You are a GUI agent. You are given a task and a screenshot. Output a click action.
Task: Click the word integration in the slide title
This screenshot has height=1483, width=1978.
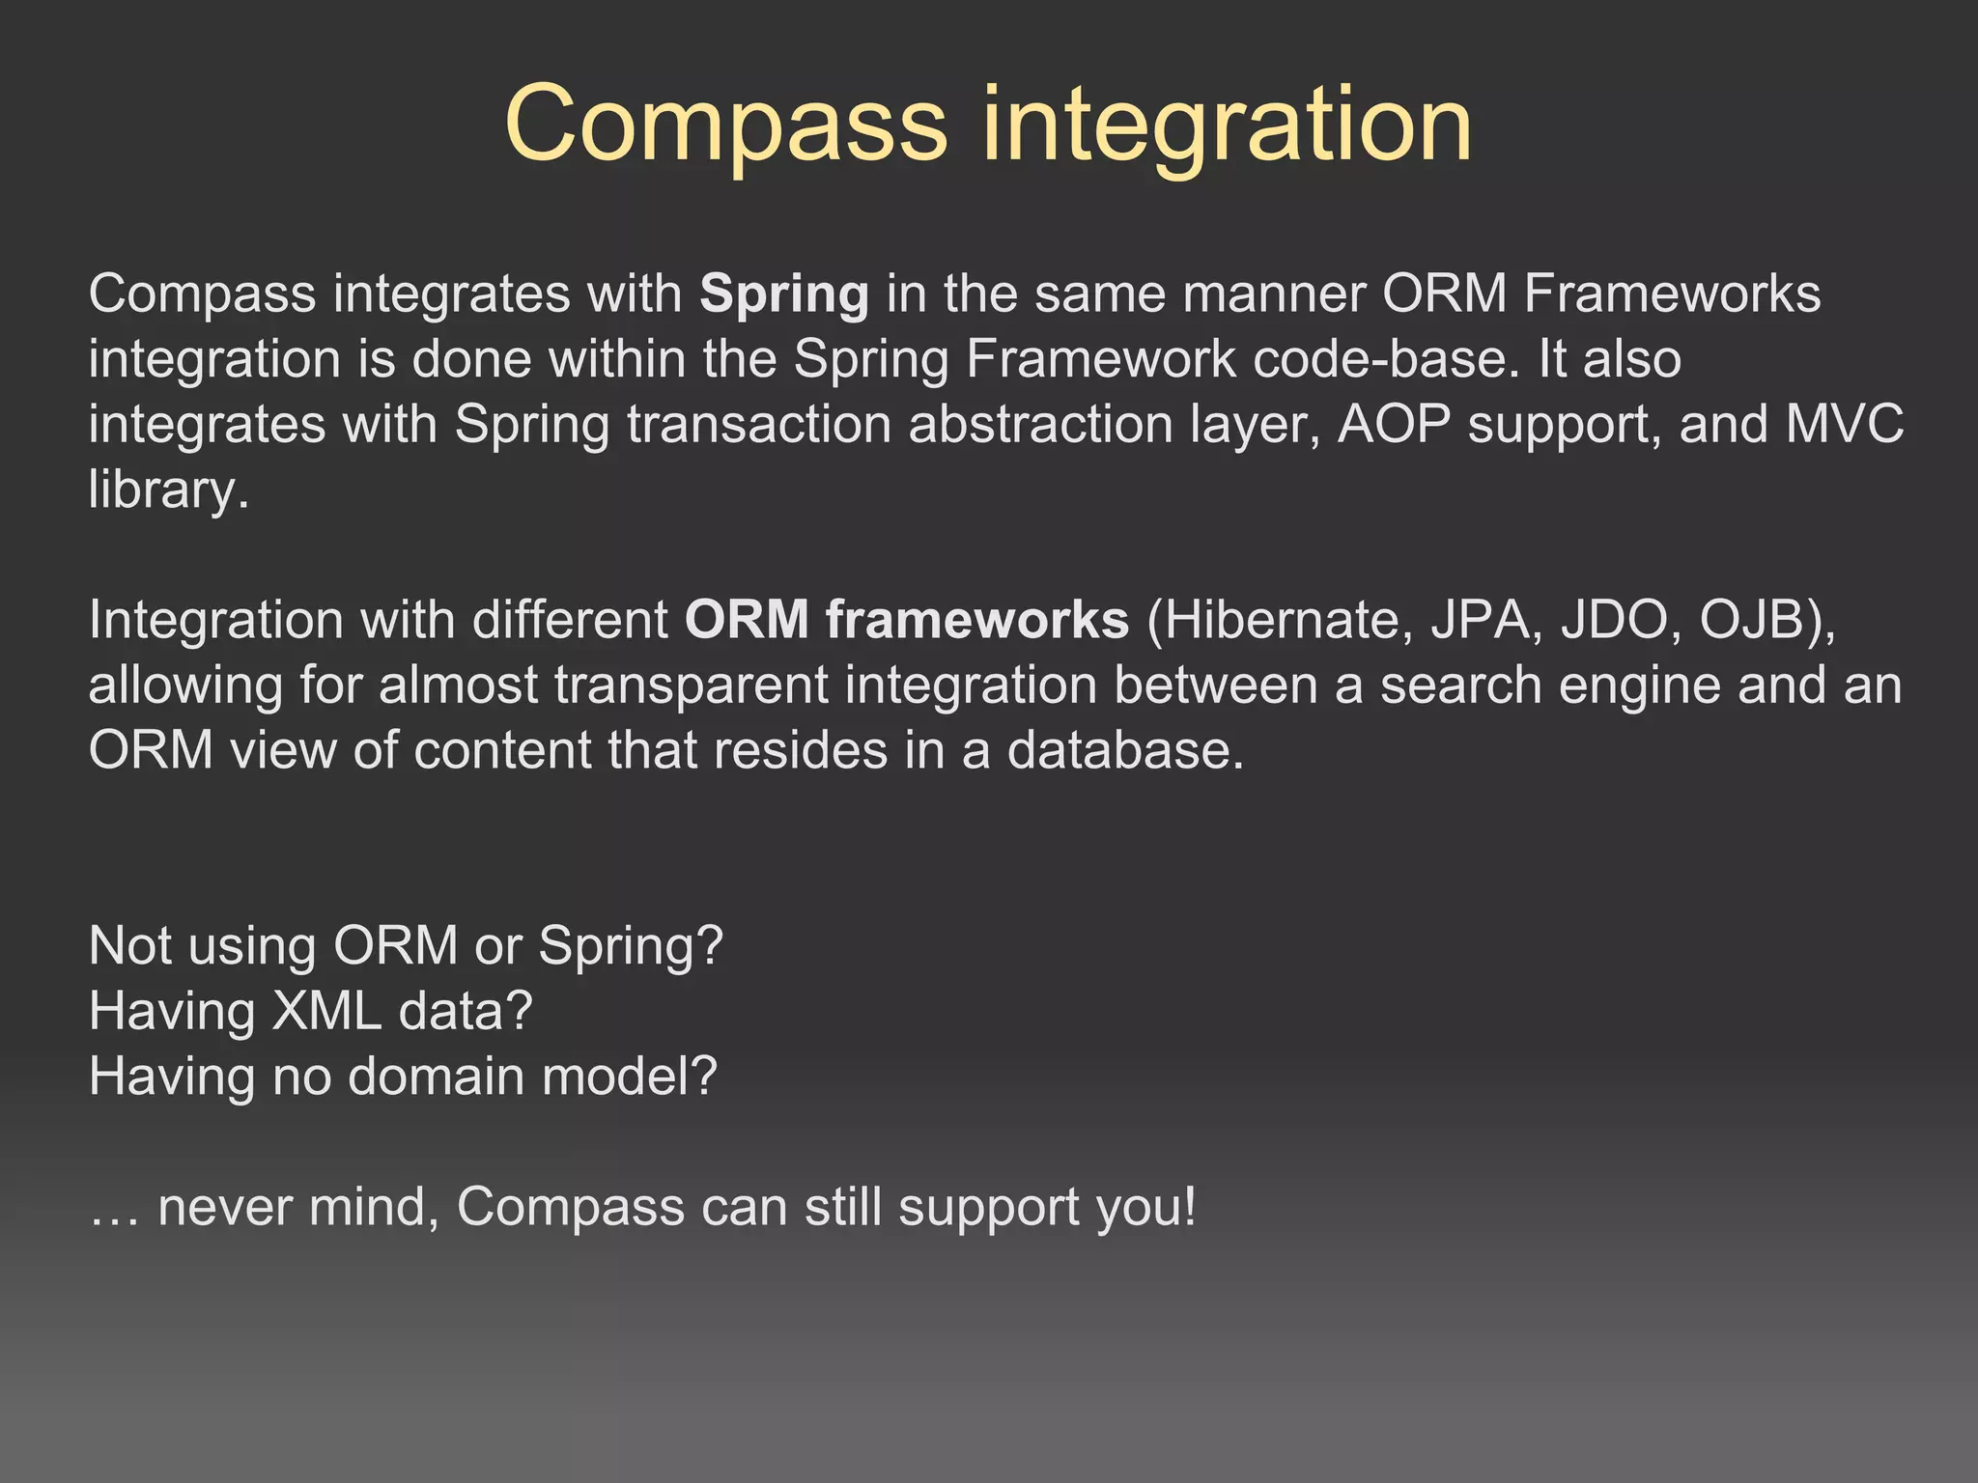[1227, 126]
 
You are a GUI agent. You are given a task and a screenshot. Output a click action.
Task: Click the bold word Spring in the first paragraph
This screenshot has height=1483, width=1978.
[784, 294]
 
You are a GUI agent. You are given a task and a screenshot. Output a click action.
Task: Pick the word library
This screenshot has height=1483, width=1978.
[168, 490]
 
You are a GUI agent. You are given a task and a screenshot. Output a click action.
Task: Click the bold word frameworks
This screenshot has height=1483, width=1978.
[976, 620]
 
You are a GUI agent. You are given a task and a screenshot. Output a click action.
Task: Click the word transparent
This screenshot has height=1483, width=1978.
[691, 686]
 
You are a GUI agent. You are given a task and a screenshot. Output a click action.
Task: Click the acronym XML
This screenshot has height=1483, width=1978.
[326, 1011]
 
